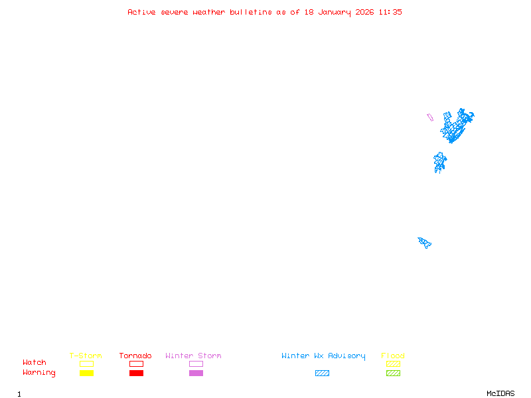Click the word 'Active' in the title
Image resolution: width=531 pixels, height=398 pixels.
tap(142, 12)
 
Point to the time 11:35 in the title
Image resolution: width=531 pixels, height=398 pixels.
tap(390, 12)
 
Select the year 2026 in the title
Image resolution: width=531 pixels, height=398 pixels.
tap(365, 12)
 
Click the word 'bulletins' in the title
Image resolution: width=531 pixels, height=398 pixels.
tap(251, 12)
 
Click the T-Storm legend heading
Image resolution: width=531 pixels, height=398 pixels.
tap(86, 356)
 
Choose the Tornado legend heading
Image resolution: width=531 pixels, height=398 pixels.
tap(135, 356)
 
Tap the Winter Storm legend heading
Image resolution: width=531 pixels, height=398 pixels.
tap(193, 356)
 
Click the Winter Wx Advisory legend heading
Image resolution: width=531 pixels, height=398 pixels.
tap(323, 356)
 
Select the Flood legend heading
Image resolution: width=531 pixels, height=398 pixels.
tap(393, 356)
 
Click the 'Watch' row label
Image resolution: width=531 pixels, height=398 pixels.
tap(35, 363)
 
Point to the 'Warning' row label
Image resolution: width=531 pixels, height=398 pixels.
tap(39, 373)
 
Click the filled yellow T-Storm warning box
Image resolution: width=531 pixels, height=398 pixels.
tap(86, 373)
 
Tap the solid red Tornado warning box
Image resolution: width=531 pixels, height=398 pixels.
tap(136, 373)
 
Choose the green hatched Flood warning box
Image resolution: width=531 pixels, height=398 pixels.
tap(393, 373)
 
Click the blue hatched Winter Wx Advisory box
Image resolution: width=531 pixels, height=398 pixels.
tap(322, 373)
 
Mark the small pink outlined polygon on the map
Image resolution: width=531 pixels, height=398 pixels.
tap(430, 117)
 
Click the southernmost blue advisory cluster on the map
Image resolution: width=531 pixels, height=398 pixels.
tap(425, 242)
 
